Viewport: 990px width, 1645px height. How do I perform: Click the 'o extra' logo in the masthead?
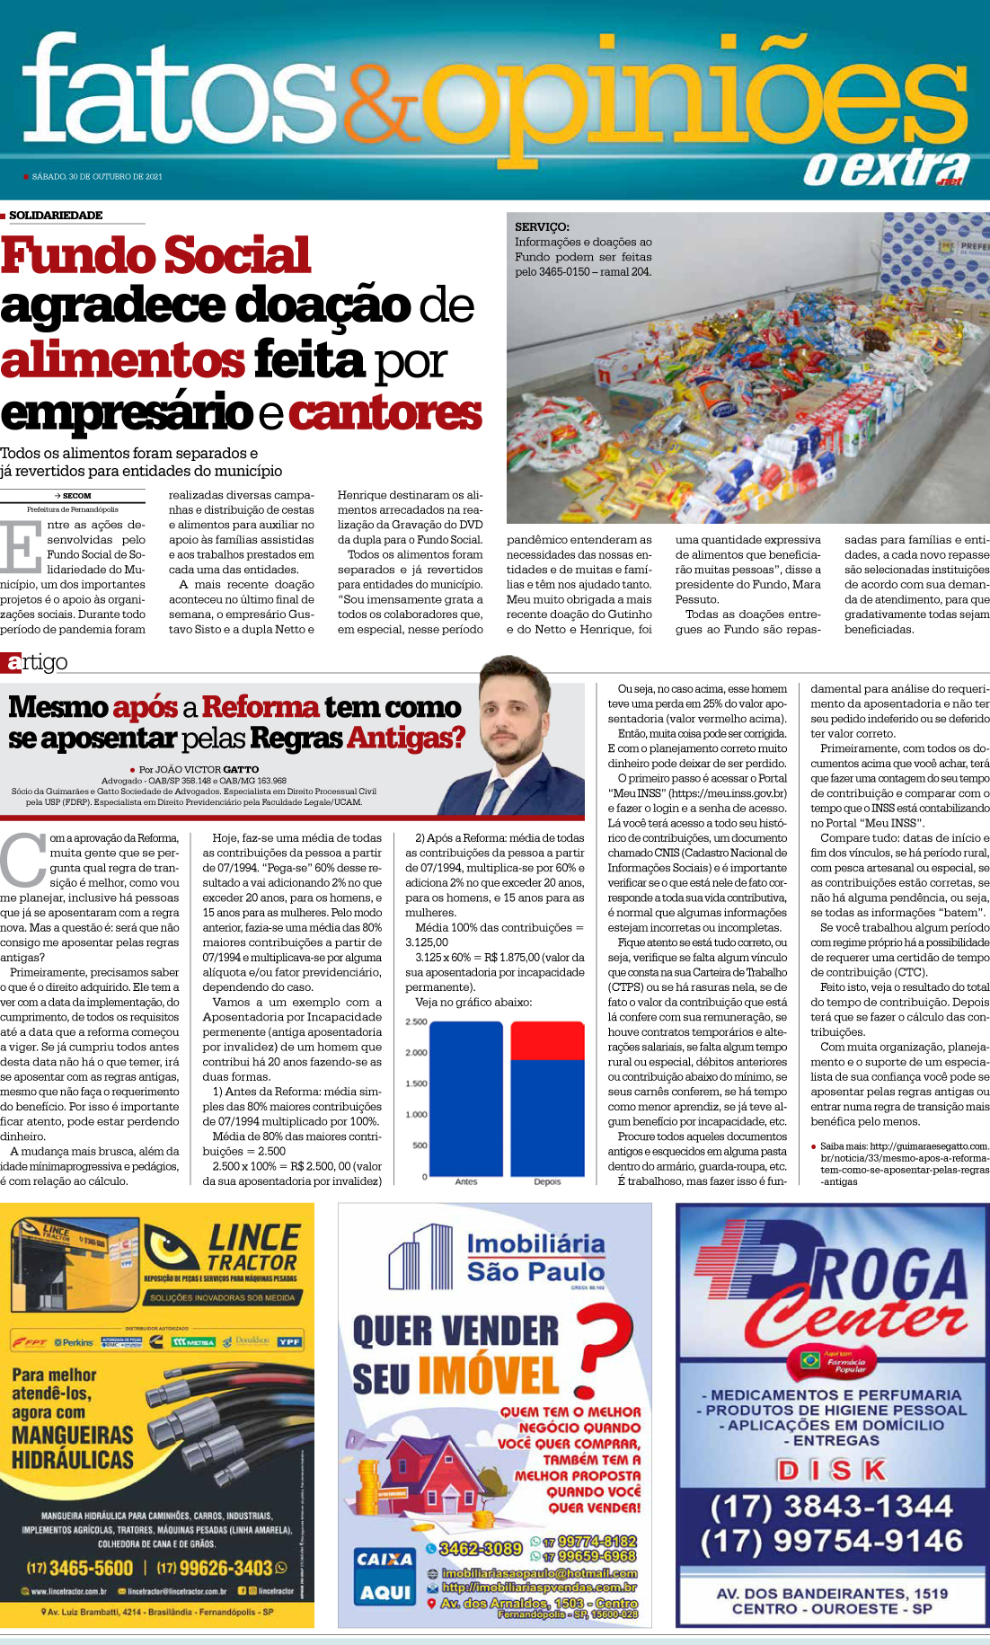886,168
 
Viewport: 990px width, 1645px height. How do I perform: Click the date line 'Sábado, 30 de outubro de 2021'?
97,177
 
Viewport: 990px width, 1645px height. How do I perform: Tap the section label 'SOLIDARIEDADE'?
56,216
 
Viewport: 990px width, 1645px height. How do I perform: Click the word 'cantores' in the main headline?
385,412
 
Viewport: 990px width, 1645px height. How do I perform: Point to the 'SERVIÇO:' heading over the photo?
542,227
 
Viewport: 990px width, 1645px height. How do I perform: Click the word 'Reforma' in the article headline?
261,707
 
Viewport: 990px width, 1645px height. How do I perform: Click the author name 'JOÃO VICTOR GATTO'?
207,770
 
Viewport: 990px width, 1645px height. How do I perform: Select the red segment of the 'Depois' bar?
547,1040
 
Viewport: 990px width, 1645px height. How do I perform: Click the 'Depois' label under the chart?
547,1182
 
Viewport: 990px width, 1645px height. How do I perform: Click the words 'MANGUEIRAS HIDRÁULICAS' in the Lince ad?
72,1446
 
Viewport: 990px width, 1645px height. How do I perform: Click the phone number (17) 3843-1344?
831,1507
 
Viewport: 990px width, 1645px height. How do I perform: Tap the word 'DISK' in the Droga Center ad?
831,1470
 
